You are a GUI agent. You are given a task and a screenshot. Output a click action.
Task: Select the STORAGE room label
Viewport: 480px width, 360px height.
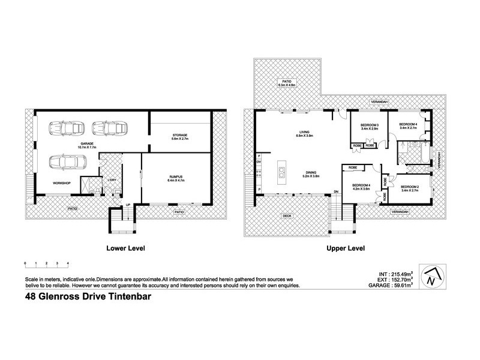(180, 136)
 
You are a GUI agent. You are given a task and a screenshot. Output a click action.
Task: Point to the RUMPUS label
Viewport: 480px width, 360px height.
(176, 176)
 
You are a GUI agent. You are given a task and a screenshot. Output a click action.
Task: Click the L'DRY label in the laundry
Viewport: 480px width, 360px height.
(111, 179)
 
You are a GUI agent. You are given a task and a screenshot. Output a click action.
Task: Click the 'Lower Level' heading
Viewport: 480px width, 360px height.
(125, 248)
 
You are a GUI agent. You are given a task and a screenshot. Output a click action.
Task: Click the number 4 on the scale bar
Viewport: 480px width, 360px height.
(68, 263)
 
